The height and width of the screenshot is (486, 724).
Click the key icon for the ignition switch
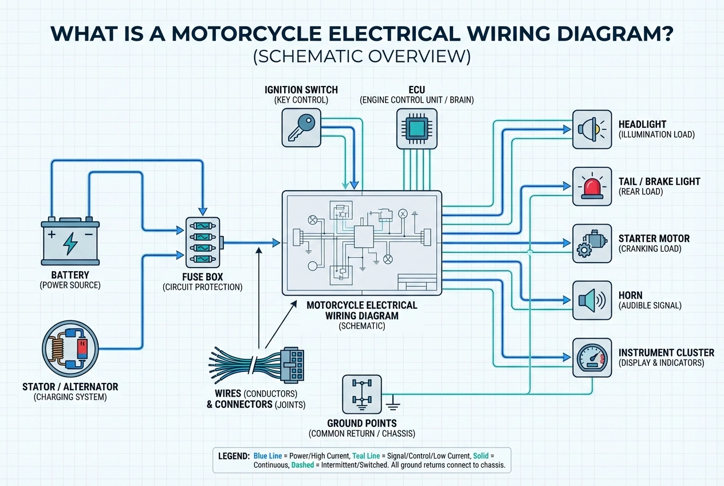(x=301, y=127)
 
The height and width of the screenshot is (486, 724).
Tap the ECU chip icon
(x=416, y=127)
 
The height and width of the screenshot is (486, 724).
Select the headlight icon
(x=592, y=130)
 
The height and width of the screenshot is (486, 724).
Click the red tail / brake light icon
(x=592, y=187)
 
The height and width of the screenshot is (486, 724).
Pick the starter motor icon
(x=592, y=244)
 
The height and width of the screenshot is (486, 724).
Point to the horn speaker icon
(x=592, y=300)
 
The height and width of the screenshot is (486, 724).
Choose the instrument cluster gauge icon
(x=592, y=357)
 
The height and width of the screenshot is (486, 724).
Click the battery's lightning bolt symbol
(x=70, y=243)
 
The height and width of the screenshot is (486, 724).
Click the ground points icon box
(x=361, y=394)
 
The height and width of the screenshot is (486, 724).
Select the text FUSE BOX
(x=202, y=276)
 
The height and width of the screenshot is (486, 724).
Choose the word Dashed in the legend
(x=303, y=465)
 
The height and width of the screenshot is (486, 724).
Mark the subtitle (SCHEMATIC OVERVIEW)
(x=362, y=56)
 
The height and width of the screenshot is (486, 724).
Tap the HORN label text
(x=631, y=295)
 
